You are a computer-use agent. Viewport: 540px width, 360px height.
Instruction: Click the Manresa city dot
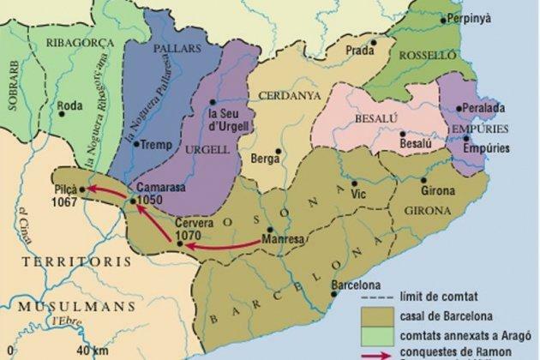point(270,230)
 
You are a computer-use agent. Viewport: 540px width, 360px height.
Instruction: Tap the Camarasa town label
point(156,187)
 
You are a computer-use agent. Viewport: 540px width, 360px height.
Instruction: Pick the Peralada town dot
point(457,109)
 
